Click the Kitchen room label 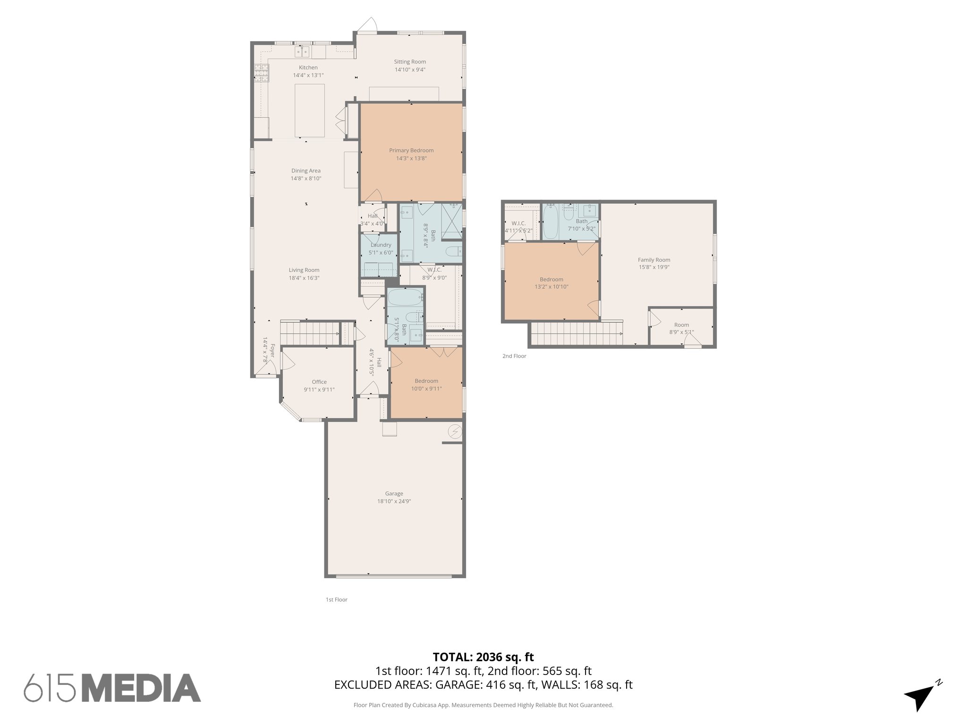click(x=308, y=67)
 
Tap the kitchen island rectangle click(x=310, y=110)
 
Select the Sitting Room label click(x=410, y=62)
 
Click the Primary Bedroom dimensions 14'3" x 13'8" click(x=411, y=159)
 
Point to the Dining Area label click(x=305, y=171)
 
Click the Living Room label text click(x=304, y=270)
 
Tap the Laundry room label click(x=381, y=245)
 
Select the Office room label click(x=319, y=382)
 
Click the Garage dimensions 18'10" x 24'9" click(x=394, y=501)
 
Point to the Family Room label click(x=654, y=260)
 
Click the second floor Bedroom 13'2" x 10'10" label click(x=551, y=279)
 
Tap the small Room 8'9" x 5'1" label click(x=681, y=325)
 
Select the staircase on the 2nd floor click(x=577, y=334)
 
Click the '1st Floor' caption click(x=336, y=599)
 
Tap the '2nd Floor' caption click(x=514, y=356)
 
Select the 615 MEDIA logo click(x=112, y=688)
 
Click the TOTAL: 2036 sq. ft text click(x=483, y=657)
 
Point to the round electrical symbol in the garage click(x=455, y=432)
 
